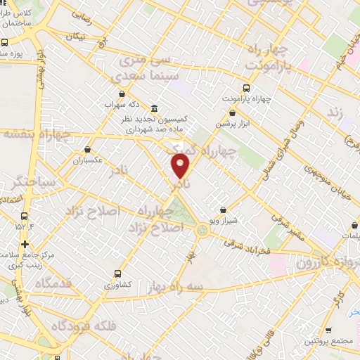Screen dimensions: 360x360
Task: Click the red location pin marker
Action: [181, 165]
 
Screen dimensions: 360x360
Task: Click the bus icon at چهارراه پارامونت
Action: [246, 88]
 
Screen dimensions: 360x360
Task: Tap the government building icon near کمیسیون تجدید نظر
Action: [154, 108]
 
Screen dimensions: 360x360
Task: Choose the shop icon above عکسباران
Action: [87, 149]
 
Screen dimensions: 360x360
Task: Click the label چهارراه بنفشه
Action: [37, 134]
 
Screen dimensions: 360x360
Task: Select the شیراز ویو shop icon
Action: [224, 209]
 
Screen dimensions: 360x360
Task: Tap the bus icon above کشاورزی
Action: [117, 274]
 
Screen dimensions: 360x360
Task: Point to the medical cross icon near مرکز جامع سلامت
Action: [25, 243]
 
